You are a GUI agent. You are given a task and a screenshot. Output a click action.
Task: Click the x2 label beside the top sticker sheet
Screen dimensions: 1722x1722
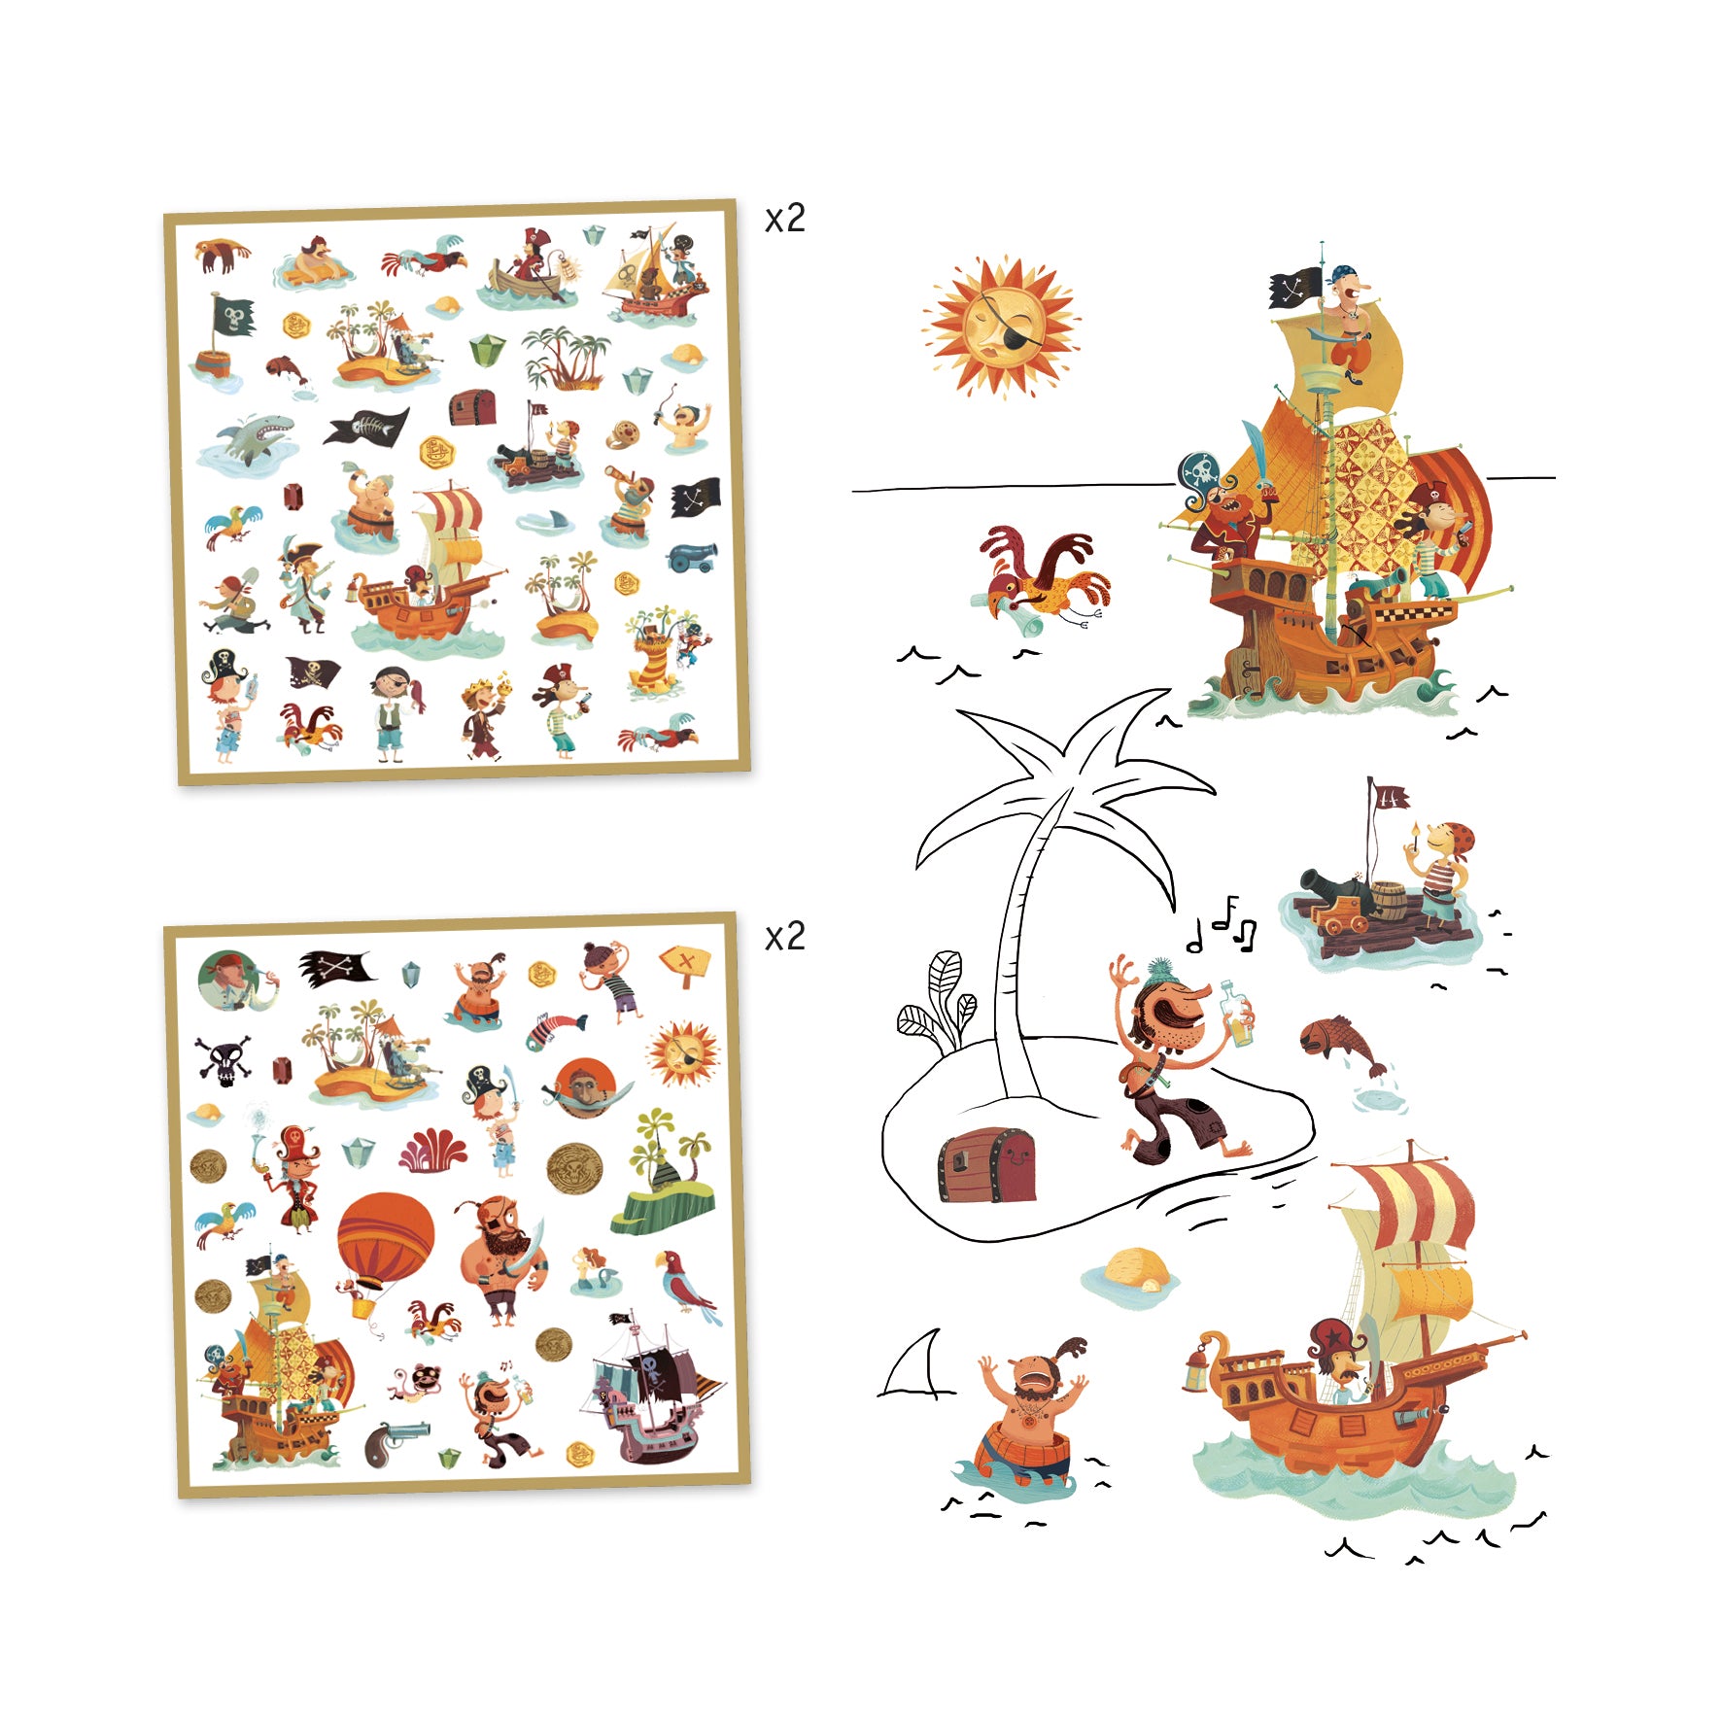pyautogui.click(x=784, y=219)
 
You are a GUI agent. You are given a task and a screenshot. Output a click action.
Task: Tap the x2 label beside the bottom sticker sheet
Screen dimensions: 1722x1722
pyautogui.click(x=784, y=936)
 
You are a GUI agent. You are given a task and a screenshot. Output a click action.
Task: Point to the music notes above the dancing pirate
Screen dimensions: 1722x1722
pyautogui.click(x=1223, y=924)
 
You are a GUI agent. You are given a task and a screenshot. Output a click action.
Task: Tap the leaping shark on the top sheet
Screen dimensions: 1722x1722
pyautogui.click(x=248, y=439)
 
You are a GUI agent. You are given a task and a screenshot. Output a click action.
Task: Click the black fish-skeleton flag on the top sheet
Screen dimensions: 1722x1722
pyautogui.click(x=366, y=426)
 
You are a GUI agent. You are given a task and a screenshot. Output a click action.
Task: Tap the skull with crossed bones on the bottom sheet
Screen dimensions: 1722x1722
pyautogui.click(x=224, y=1059)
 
